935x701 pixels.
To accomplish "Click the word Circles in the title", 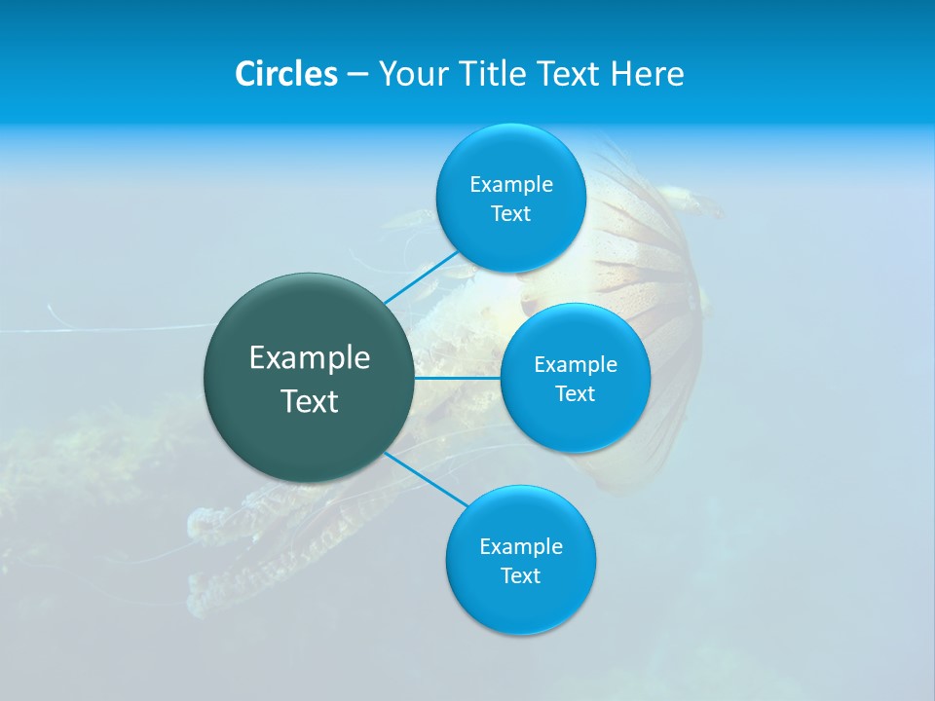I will [x=286, y=74].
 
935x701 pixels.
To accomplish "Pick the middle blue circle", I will [x=575, y=424].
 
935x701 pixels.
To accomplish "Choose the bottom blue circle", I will [x=520, y=609].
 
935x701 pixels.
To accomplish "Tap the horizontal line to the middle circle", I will [x=458, y=378].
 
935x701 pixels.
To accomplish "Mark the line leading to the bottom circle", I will [x=426, y=478].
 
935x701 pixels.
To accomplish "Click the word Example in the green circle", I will [x=310, y=358].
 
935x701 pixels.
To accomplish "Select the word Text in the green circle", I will [x=310, y=401].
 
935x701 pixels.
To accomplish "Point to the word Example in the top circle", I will [x=510, y=184].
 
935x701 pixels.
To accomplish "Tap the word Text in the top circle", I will [x=510, y=214].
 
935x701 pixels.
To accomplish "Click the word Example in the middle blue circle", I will [x=575, y=365].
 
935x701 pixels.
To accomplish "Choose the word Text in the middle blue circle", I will [x=575, y=394].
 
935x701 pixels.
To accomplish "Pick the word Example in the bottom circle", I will [x=520, y=546].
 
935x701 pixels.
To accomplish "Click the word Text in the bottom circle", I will [x=520, y=576].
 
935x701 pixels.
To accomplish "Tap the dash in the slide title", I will [x=356, y=74].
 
